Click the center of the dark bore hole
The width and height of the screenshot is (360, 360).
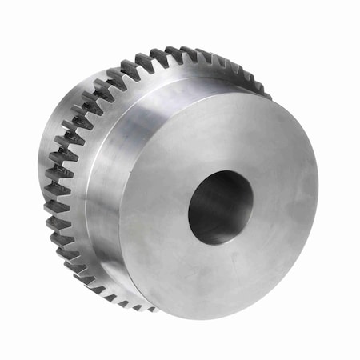click(222, 207)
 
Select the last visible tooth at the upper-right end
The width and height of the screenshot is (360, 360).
click(264, 92)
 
